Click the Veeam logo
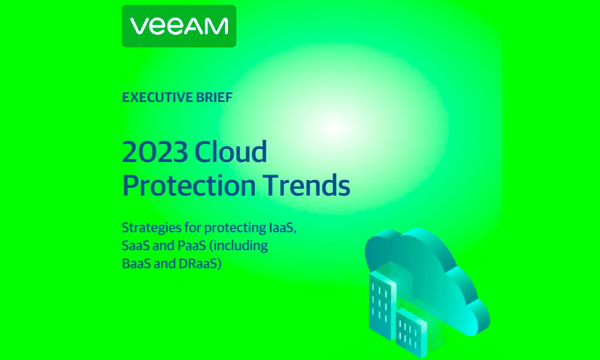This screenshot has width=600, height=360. click(179, 26)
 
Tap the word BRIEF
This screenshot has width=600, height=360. click(214, 98)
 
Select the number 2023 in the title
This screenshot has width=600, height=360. click(155, 151)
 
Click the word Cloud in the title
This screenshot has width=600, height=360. click(230, 151)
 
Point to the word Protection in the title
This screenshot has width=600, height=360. click(189, 185)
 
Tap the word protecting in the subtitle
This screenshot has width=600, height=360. click(235, 228)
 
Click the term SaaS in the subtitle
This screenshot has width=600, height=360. click(136, 245)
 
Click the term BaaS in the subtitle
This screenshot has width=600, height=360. click(136, 263)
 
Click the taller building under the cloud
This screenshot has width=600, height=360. click(383, 304)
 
